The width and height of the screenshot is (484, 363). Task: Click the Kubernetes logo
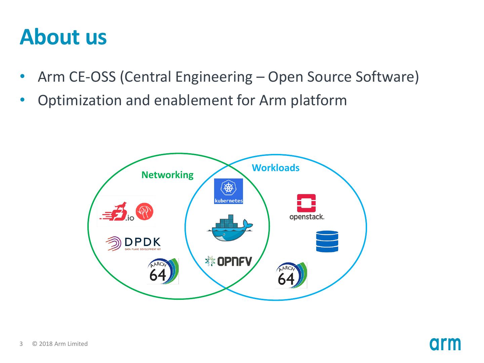pos(229,191)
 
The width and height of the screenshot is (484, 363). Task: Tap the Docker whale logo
pos(230,228)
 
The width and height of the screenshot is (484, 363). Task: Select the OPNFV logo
pos(229,261)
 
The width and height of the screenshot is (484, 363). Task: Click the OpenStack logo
pos(307,207)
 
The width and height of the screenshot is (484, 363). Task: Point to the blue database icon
pos(327,241)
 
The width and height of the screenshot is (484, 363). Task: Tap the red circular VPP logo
pos(144,212)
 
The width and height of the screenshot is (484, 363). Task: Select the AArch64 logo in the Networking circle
pos(163,271)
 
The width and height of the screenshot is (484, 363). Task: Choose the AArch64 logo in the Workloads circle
pos(291,275)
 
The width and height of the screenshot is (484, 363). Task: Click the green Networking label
pos(167,175)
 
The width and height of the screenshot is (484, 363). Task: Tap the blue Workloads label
pos(276,168)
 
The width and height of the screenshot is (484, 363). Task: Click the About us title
pos(63,37)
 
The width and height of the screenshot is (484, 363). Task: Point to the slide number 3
pos(21,344)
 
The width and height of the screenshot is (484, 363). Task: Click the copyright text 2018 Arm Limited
pos(60,344)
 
